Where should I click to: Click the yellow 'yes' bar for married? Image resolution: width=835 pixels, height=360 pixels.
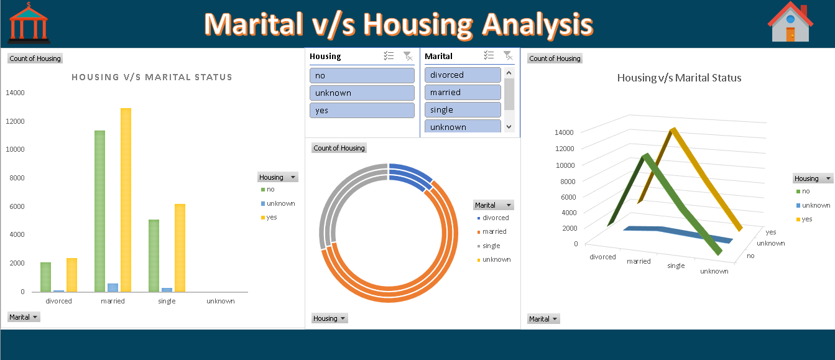(x=126, y=199)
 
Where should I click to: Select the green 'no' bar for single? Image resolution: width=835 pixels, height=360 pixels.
(x=154, y=255)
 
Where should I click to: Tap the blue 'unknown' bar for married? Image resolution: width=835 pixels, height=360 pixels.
(x=113, y=287)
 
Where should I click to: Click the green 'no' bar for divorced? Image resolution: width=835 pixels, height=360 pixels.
(x=45, y=277)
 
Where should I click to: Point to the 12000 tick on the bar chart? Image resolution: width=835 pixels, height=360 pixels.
(x=15, y=121)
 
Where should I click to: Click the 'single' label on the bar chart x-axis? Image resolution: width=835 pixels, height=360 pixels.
(x=167, y=301)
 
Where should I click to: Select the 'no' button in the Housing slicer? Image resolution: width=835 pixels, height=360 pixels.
(x=362, y=75)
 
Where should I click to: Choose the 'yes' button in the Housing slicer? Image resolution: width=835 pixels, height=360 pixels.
(x=362, y=110)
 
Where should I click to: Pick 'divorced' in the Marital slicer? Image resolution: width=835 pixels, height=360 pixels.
(x=463, y=75)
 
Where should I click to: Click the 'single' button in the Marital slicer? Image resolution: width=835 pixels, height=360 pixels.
(x=463, y=109)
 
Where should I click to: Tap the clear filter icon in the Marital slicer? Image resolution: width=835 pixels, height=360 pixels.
(x=507, y=55)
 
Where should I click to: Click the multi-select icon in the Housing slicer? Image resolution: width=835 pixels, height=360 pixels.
(x=389, y=56)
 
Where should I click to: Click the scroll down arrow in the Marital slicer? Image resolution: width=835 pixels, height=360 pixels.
(x=509, y=126)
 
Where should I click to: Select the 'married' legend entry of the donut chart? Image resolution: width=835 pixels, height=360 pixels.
(x=494, y=231)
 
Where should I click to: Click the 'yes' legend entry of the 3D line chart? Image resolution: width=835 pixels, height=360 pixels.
(x=806, y=219)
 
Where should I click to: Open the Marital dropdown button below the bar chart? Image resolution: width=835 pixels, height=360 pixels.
(x=24, y=317)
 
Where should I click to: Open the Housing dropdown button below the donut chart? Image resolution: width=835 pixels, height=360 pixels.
(x=330, y=318)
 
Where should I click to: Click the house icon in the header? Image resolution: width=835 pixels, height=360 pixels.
(x=790, y=23)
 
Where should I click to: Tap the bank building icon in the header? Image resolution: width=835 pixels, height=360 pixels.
(x=29, y=23)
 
